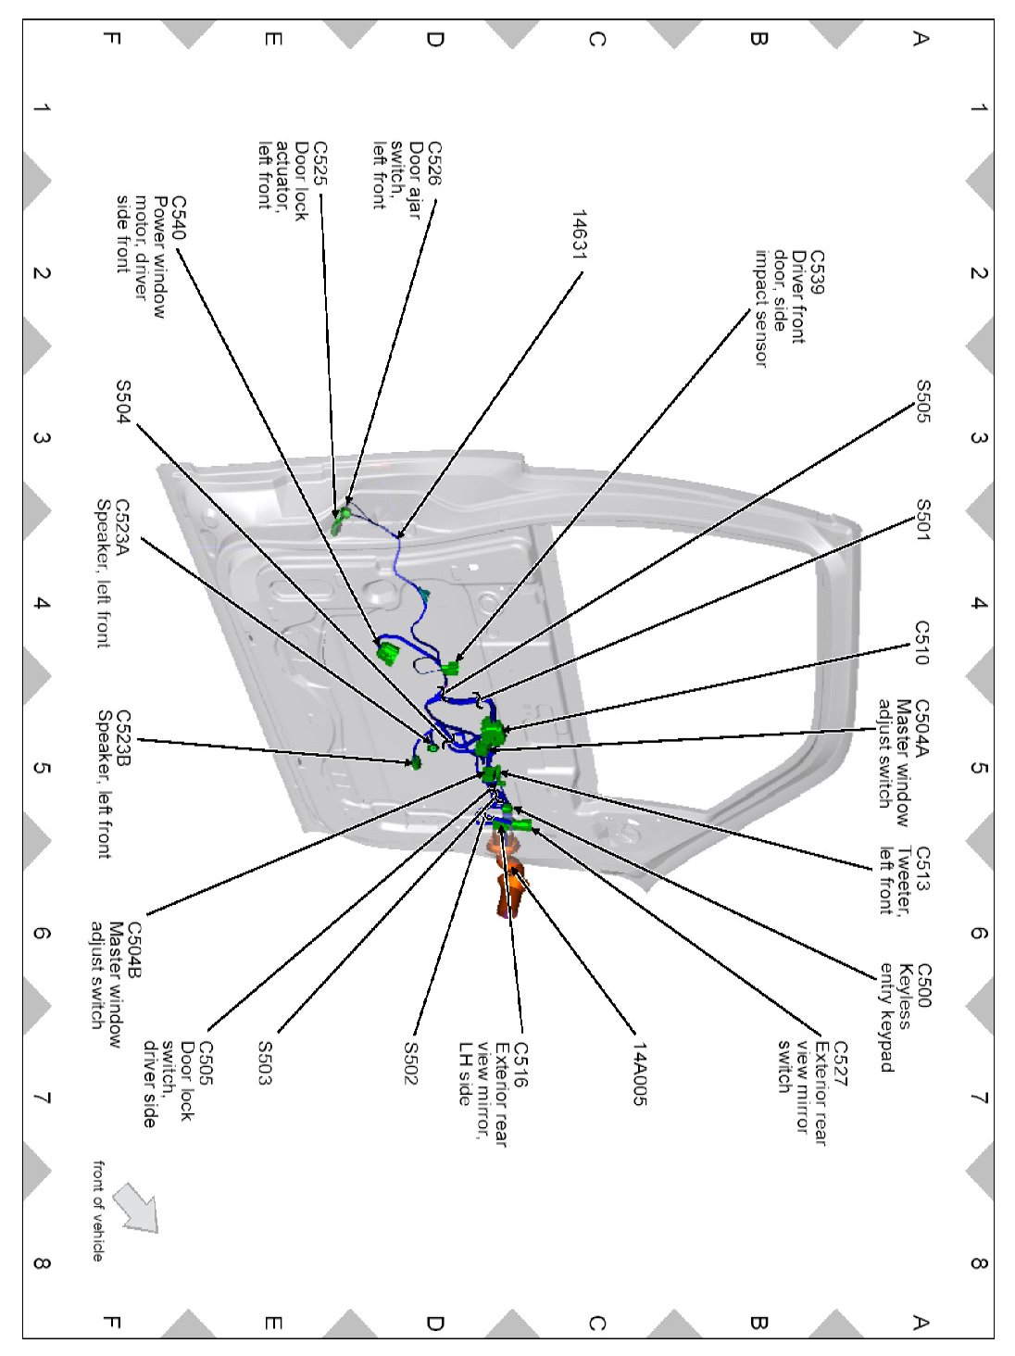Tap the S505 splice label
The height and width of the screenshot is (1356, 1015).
(922, 401)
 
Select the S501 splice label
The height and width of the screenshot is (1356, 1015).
(922, 520)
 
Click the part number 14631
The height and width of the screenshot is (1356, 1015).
(580, 234)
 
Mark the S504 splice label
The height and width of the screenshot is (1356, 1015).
(122, 401)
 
